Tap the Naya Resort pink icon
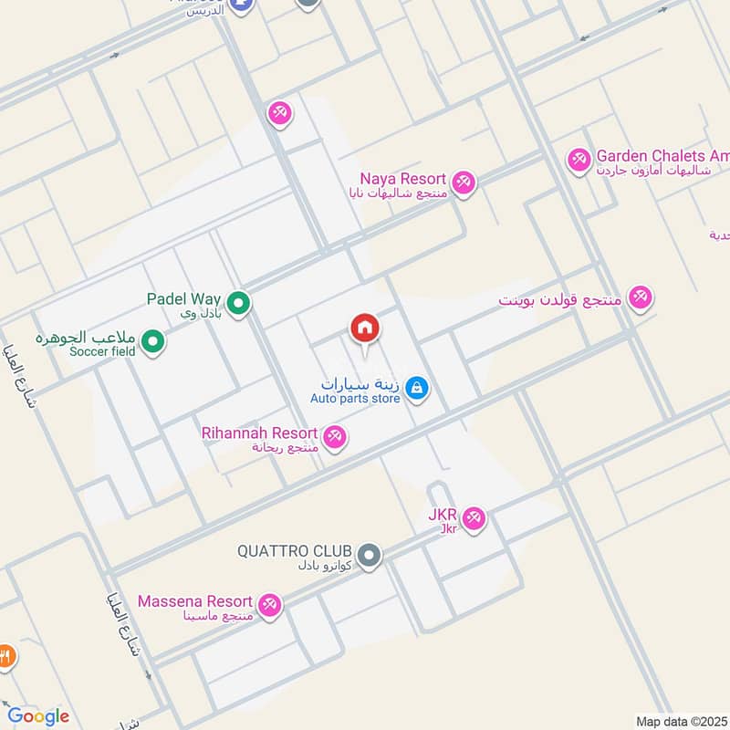pos(464,182)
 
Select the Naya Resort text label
pos(402,179)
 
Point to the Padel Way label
pos(186,298)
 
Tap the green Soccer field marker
pos(154,343)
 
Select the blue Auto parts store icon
pos(417,389)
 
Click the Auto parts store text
pos(355,399)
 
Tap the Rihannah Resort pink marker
pos(336,437)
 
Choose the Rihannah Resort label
pos(259,433)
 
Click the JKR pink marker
pos(473,519)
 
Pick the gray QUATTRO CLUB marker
pos(369,555)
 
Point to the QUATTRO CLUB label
pos(294,551)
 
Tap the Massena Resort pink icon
pos(269,604)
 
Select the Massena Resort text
pos(194,601)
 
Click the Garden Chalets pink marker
pos(578,161)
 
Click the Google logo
pos(38,716)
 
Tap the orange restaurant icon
pos(5,655)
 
